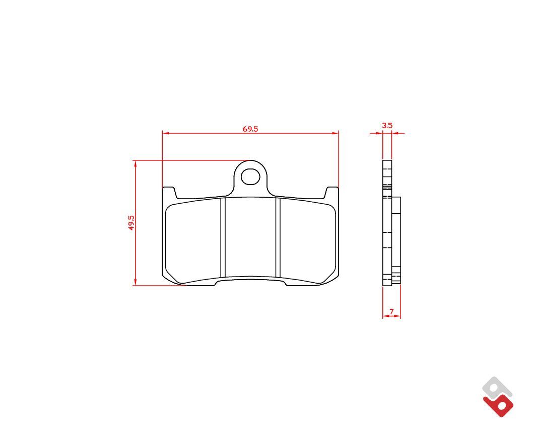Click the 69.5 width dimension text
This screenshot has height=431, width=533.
(250, 129)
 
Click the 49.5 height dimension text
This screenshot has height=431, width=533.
(131, 222)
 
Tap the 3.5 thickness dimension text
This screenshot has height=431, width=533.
(387, 125)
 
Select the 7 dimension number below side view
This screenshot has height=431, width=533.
(391, 311)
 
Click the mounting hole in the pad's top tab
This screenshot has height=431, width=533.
(250, 177)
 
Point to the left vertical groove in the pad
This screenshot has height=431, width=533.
(223, 237)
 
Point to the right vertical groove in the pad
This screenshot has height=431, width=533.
(278, 237)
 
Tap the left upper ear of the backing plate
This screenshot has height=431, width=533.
(169, 192)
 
